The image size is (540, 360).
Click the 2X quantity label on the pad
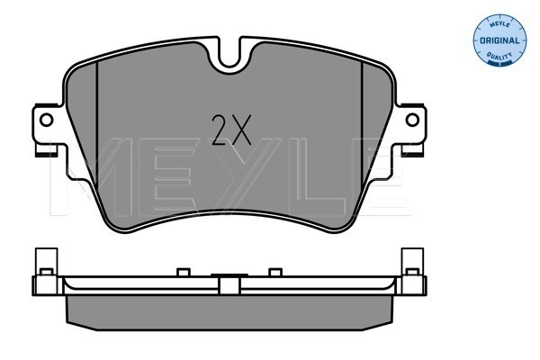click(231, 130)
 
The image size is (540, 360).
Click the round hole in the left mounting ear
click(46, 120)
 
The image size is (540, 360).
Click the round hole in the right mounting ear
click(412, 120)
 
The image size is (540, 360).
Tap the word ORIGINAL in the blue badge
click(499, 40)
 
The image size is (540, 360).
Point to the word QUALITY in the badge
click(499, 55)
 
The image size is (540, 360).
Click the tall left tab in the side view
click(46, 262)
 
